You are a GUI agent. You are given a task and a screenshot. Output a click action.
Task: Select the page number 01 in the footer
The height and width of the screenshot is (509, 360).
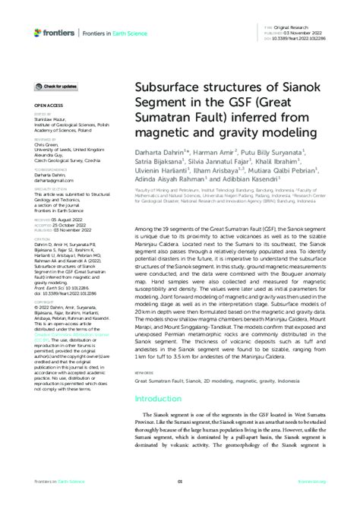(x=180, y=481)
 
